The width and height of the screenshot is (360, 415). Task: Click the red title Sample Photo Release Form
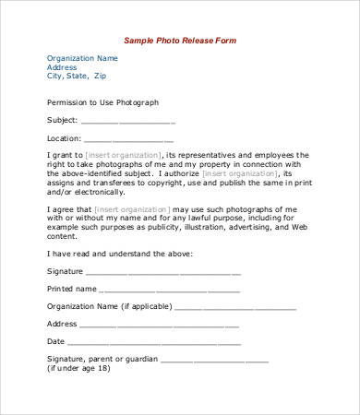[x=181, y=40]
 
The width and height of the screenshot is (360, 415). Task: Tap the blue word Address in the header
[x=62, y=67]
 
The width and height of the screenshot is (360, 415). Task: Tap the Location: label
[x=64, y=137]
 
